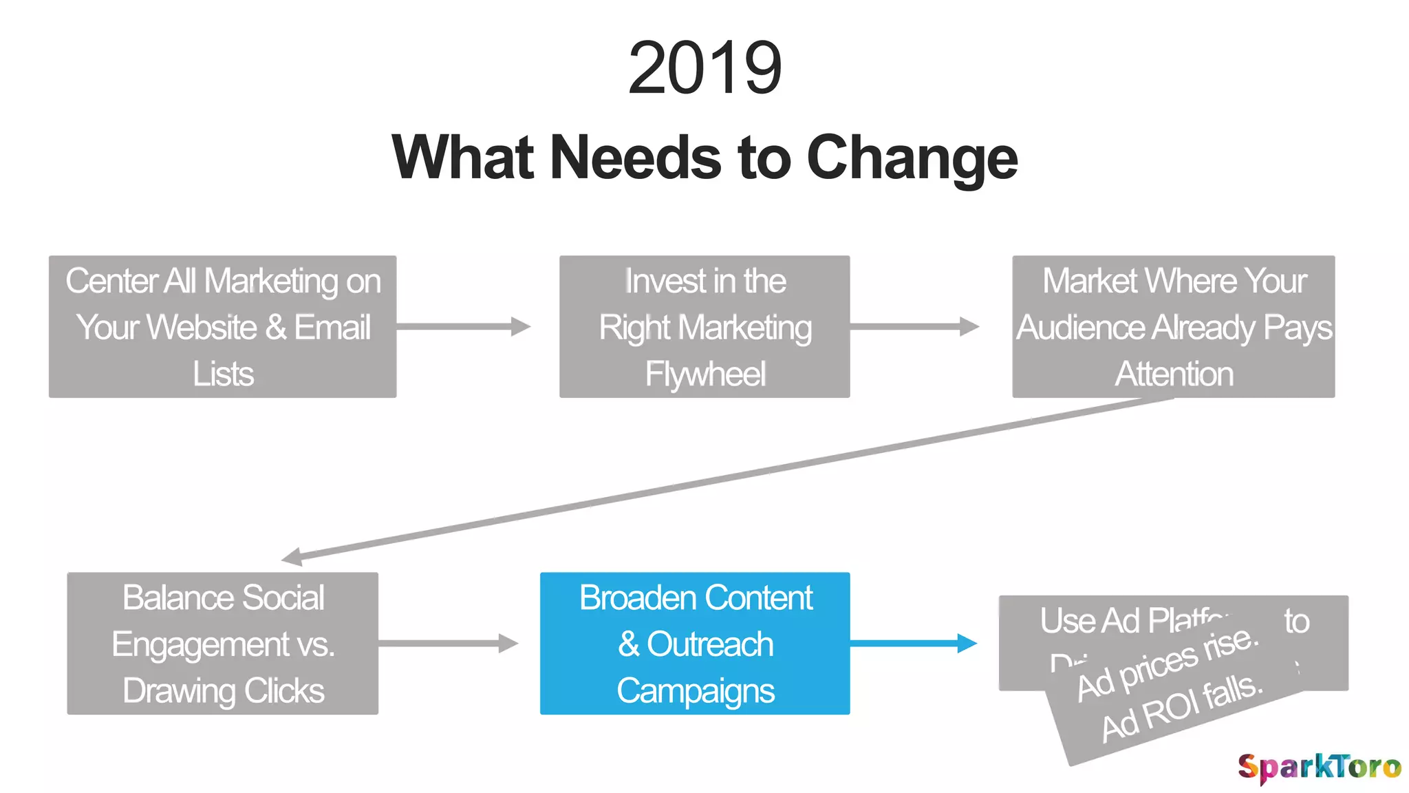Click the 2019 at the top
[x=704, y=67]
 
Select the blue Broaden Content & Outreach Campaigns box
[x=695, y=644]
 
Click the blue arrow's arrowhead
[x=967, y=644]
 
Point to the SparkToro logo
[x=1319, y=767]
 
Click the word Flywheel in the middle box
[x=704, y=374]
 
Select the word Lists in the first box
[x=223, y=374]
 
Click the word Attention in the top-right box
[x=1174, y=374]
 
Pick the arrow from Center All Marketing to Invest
[x=462, y=326]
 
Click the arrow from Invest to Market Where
[x=914, y=326]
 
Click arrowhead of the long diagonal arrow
[x=293, y=556]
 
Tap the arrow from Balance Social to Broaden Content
[x=447, y=644]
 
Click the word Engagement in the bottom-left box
[x=200, y=644]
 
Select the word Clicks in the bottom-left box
[x=283, y=690]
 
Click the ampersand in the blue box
[x=628, y=644]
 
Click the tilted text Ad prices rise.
[x=1168, y=664]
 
